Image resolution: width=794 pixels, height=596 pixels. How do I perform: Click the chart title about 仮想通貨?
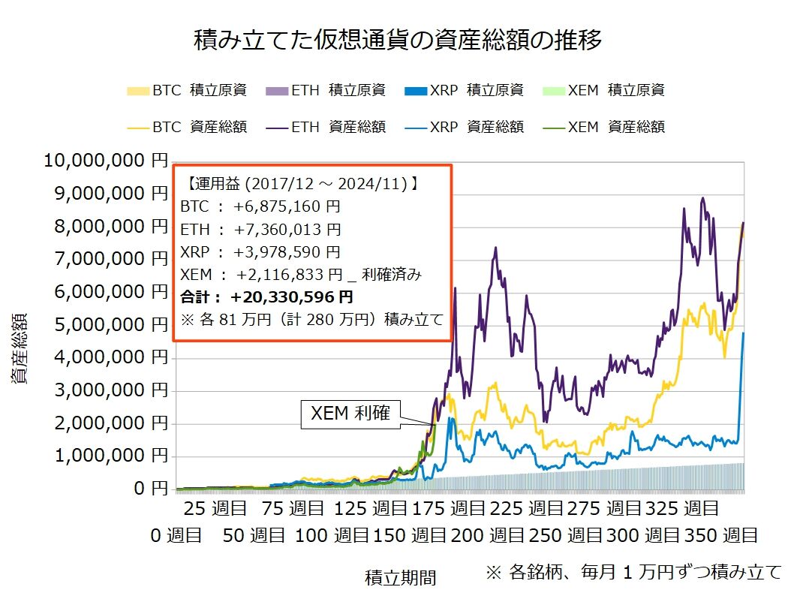(398, 39)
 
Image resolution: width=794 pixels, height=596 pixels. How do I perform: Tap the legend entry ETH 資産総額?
(327, 127)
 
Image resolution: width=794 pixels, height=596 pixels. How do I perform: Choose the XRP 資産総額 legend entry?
(466, 127)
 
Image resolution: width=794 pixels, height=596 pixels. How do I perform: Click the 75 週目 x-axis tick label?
(293, 509)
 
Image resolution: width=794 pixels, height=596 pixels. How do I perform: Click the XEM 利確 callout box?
(350, 412)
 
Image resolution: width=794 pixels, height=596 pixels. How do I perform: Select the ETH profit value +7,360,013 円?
(287, 229)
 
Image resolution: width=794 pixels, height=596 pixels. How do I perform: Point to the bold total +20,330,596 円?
(293, 296)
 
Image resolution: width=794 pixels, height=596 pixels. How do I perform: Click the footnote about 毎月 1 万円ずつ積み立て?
(633, 573)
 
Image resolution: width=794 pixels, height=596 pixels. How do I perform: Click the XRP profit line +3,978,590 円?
(287, 251)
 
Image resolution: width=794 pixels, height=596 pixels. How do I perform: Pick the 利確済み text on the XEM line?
(391, 275)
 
